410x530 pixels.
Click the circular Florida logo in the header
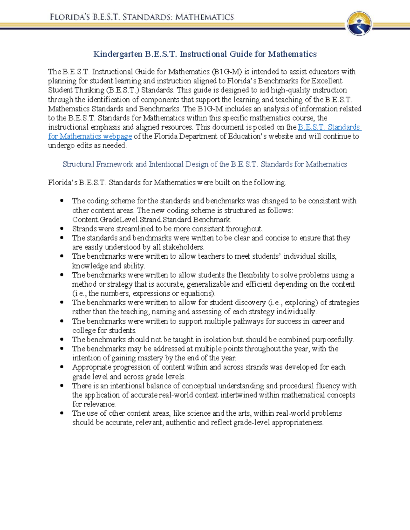tap(359, 24)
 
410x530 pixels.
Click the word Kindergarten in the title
tap(118, 54)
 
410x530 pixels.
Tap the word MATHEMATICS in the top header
tap(205, 17)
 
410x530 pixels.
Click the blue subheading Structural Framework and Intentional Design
tap(205, 164)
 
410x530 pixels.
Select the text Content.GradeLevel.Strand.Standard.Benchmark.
tap(152, 219)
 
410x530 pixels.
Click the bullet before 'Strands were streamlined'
tap(62, 229)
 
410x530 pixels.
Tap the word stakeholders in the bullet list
tap(183, 247)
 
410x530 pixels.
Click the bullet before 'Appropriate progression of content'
tap(62, 367)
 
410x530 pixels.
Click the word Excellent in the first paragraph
tap(327, 81)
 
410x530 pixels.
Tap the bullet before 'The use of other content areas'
tap(62, 413)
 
